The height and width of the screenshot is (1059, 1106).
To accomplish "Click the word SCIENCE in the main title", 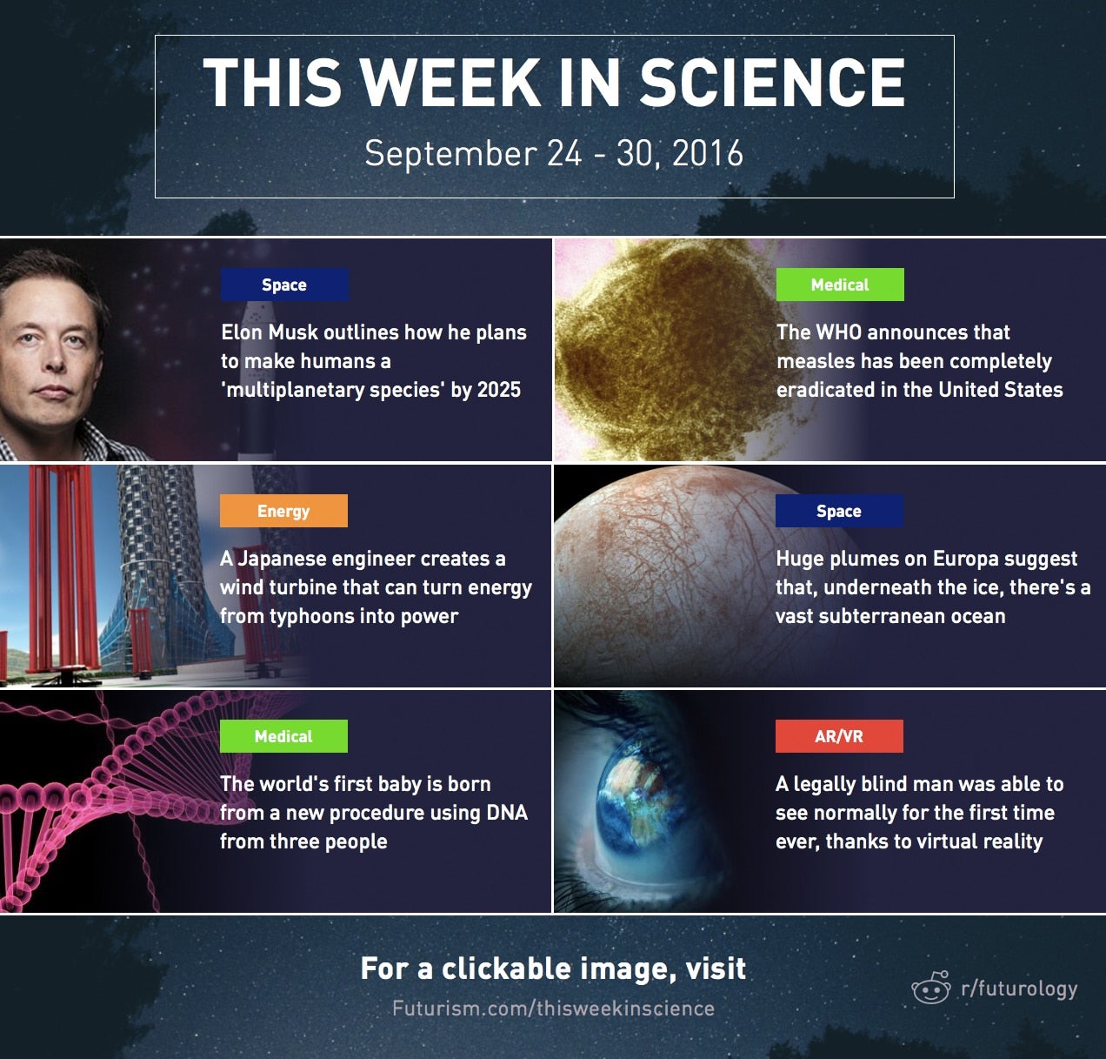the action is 772,83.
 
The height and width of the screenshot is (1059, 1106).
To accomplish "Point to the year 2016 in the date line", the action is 708,153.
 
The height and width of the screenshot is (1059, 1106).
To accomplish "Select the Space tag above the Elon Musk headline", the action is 284,285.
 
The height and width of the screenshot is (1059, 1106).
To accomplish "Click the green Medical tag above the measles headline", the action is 840,285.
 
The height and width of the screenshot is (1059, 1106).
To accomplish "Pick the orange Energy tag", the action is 283,511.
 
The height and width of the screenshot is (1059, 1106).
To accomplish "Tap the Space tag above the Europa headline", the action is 839,511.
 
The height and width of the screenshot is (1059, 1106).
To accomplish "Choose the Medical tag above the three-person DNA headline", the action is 283,736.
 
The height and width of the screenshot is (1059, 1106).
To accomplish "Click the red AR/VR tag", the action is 839,736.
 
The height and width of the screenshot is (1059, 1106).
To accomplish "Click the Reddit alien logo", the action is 931,988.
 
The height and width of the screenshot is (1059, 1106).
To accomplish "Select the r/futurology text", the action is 1019,989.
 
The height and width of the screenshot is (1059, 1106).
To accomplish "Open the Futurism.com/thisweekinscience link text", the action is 553,1009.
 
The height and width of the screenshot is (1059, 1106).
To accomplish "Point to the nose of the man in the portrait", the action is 55,357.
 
